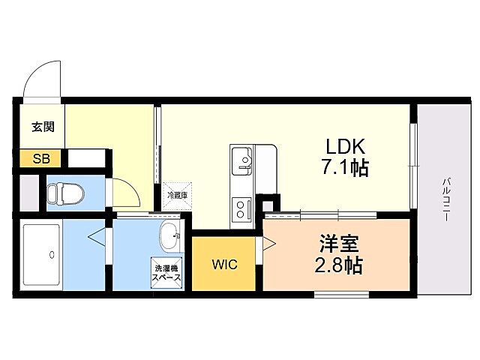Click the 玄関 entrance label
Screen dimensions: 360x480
tap(43, 127)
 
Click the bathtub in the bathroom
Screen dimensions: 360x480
tap(40, 254)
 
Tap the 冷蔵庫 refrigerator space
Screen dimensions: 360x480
tap(176, 194)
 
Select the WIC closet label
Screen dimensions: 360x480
tap(225, 265)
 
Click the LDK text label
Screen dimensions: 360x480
tap(344, 145)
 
